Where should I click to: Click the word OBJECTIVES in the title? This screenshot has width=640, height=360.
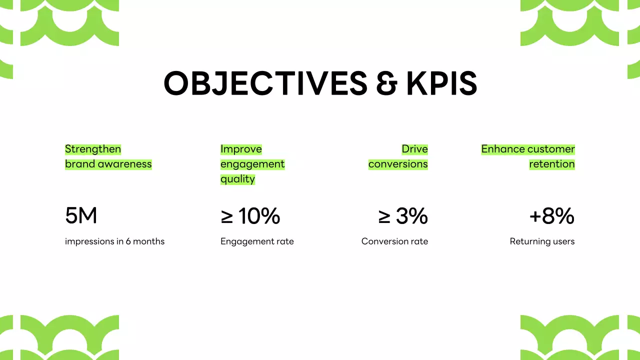265,83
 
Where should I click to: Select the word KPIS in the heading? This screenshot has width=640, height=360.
441,83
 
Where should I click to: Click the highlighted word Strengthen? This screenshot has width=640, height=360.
93,149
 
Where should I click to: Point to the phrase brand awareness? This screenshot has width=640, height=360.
108,164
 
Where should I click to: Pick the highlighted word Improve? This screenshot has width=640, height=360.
241,149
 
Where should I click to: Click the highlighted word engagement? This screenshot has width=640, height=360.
252,164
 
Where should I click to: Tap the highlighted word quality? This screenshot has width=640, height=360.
237,179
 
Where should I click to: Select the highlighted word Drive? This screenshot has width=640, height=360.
414,149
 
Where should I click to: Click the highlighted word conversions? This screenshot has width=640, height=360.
398,164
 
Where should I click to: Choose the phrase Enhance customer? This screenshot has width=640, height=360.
528,149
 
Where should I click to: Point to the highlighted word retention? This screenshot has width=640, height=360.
552,164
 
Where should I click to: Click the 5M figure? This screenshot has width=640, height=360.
81,216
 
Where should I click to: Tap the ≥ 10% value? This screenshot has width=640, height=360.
250,216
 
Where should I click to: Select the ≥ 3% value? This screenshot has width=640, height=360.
403,216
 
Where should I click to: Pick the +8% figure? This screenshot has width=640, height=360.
552,216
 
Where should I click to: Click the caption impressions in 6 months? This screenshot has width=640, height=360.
114,241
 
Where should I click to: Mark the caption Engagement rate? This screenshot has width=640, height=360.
257,241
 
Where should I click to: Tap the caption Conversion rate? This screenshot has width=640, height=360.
394,241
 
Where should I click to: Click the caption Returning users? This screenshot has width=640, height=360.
542,241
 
